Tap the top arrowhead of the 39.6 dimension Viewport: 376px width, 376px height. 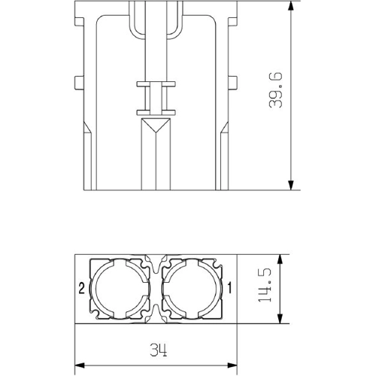[290, 7]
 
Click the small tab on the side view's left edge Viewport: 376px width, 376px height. [77, 81]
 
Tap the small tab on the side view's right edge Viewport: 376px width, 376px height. [234, 81]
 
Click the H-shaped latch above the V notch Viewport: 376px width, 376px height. [156, 98]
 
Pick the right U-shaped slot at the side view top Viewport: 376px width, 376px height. [178, 23]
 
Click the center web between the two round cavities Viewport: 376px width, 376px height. [156, 290]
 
